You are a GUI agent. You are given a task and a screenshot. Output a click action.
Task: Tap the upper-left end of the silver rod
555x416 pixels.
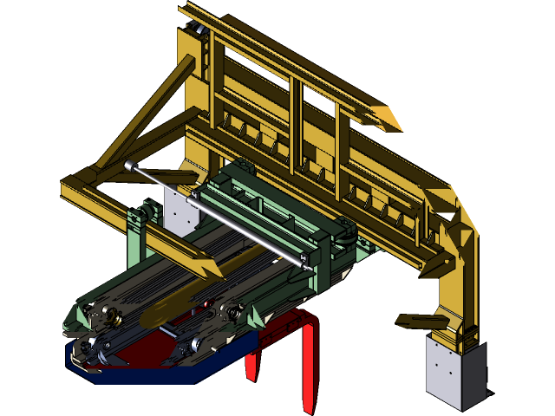130,165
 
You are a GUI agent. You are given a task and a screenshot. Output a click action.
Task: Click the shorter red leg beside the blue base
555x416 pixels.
251,364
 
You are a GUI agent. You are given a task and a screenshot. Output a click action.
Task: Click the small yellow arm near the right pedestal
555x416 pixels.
416,322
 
